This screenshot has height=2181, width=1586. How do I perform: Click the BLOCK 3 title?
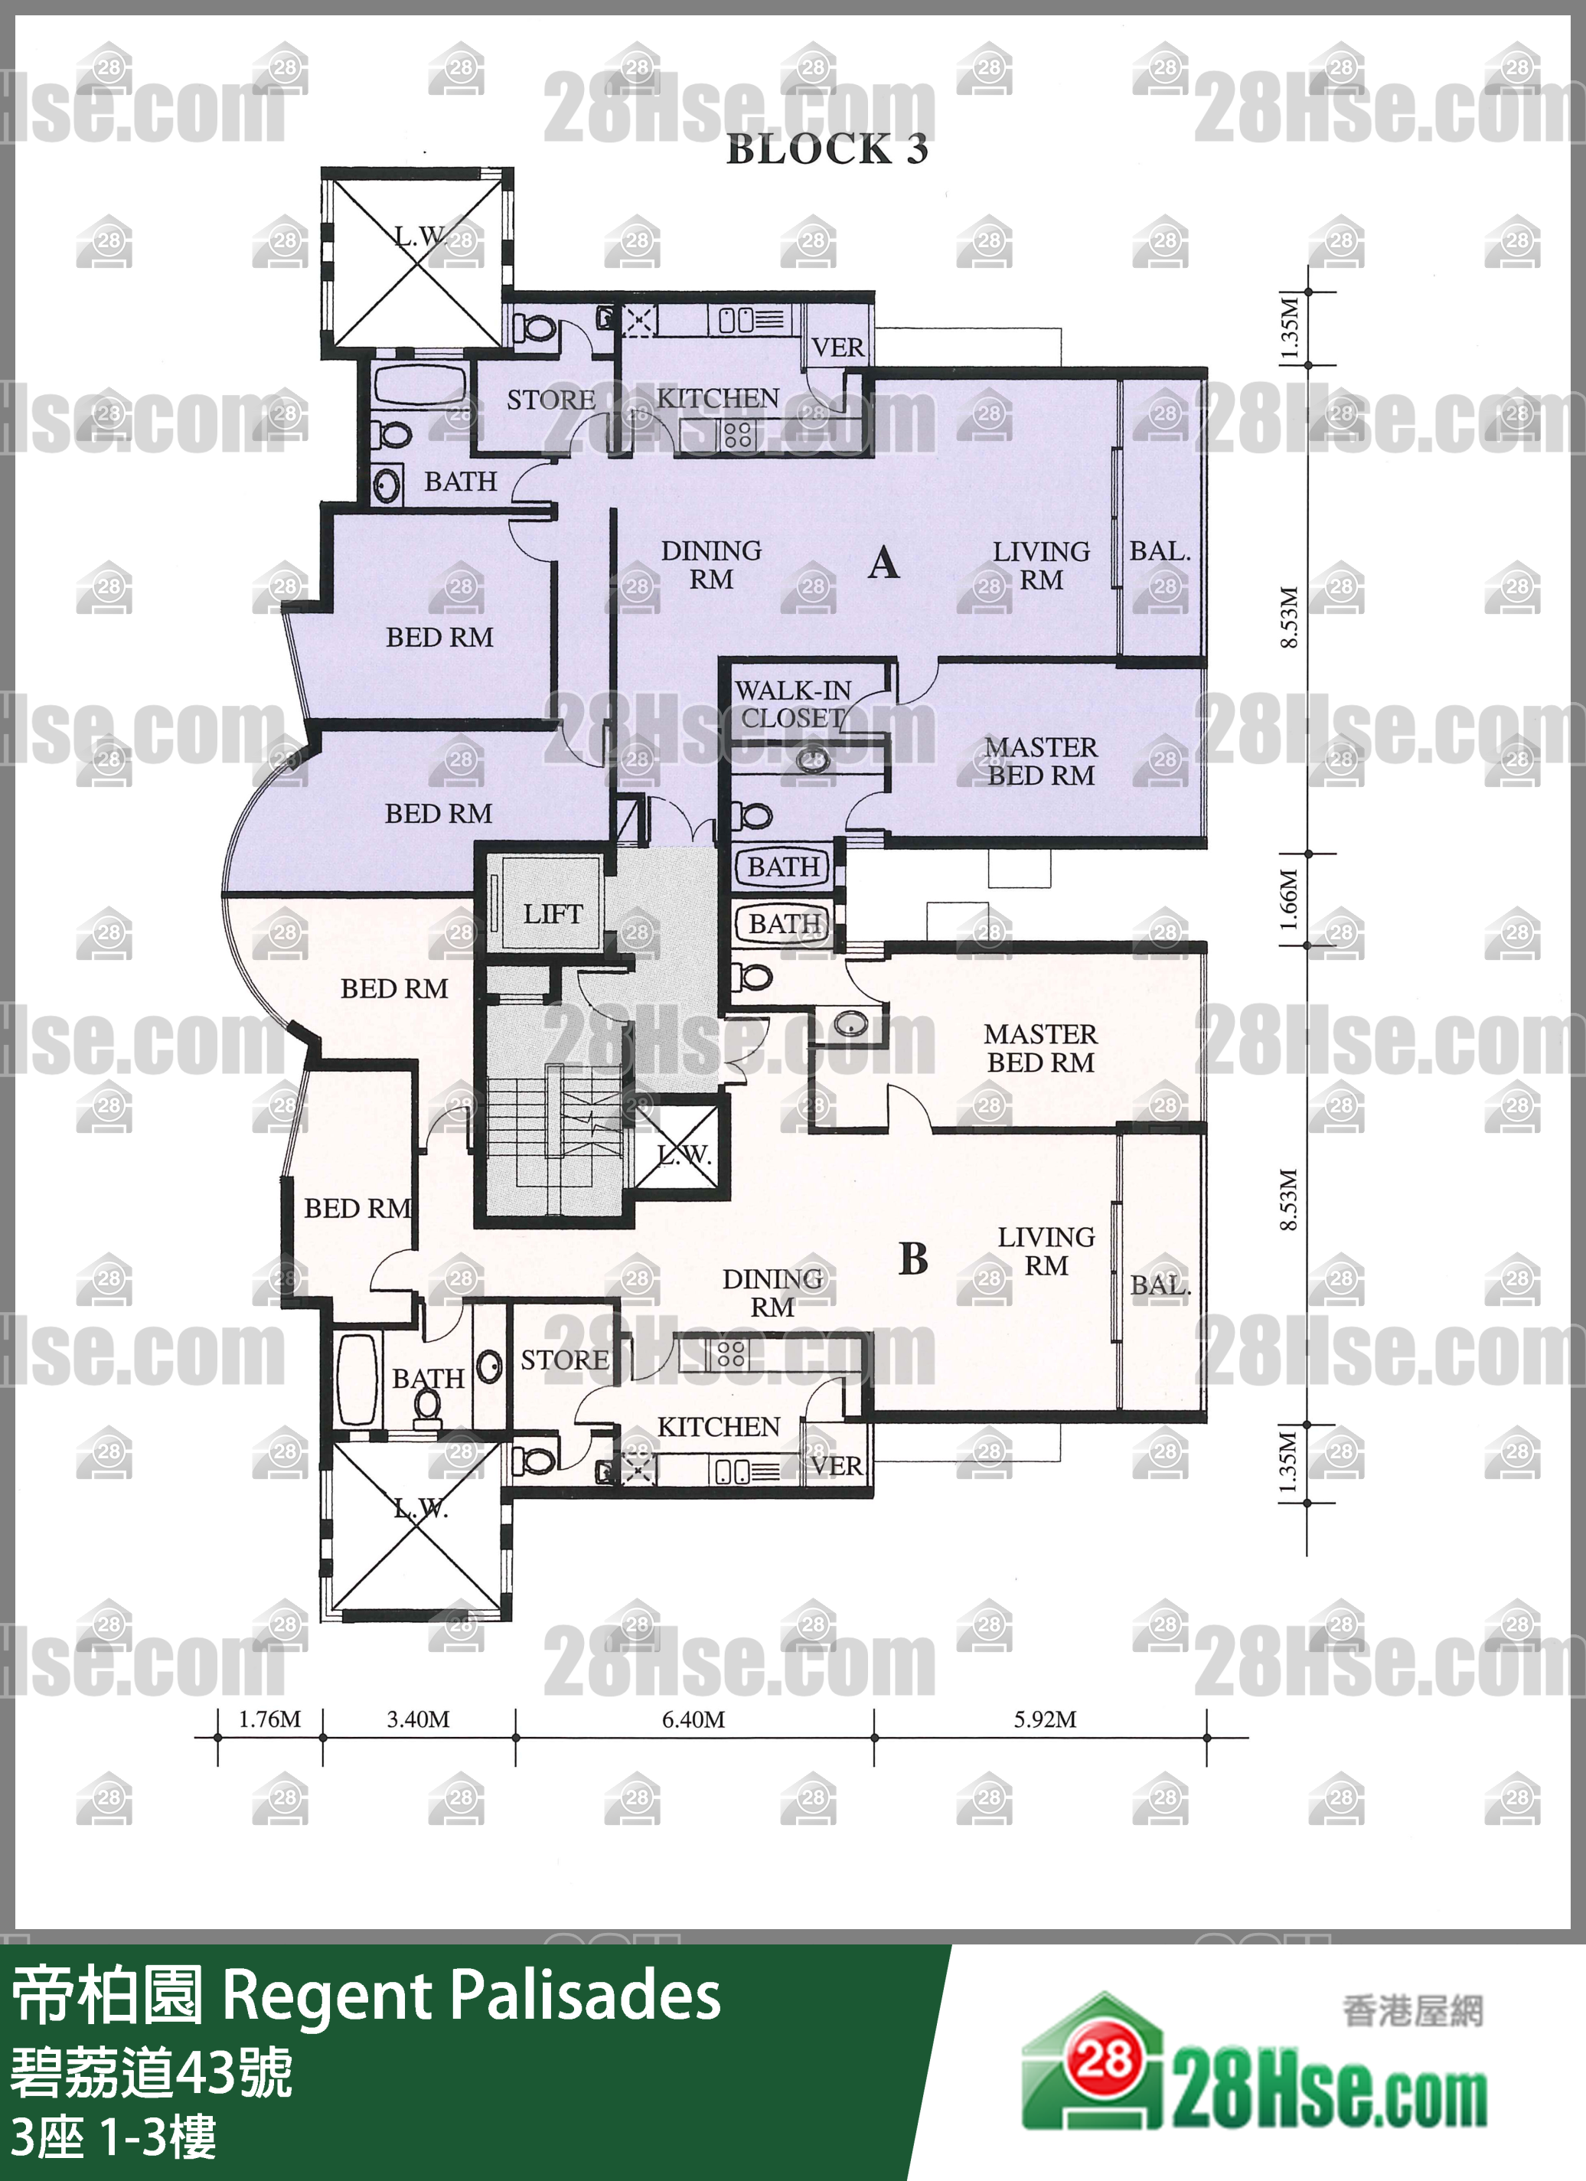click(x=826, y=149)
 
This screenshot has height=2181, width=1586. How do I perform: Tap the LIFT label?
click(x=553, y=913)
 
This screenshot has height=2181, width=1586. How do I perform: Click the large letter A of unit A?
click(x=884, y=563)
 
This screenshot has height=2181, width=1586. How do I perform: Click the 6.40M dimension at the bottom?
click(x=693, y=1719)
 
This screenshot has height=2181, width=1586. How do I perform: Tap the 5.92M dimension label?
click(x=1045, y=1719)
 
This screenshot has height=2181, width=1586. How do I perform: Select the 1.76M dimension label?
click(x=270, y=1719)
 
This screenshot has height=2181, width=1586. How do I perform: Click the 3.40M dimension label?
click(x=419, y=1719)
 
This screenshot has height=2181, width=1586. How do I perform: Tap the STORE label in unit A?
click(x=551, y=400)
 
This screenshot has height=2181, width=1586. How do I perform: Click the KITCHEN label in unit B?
click(x=719, y=1427)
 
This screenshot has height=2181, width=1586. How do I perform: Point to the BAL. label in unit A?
click(x=1160, y=551)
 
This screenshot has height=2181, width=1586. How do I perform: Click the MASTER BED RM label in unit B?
click(x=1041, y=1048)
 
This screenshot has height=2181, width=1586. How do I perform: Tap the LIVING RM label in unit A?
click(x=1042, y=566)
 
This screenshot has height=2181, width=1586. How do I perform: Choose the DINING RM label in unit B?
click(x=772, y=1292)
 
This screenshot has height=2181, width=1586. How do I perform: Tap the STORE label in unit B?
click(x=565, y=1360)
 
